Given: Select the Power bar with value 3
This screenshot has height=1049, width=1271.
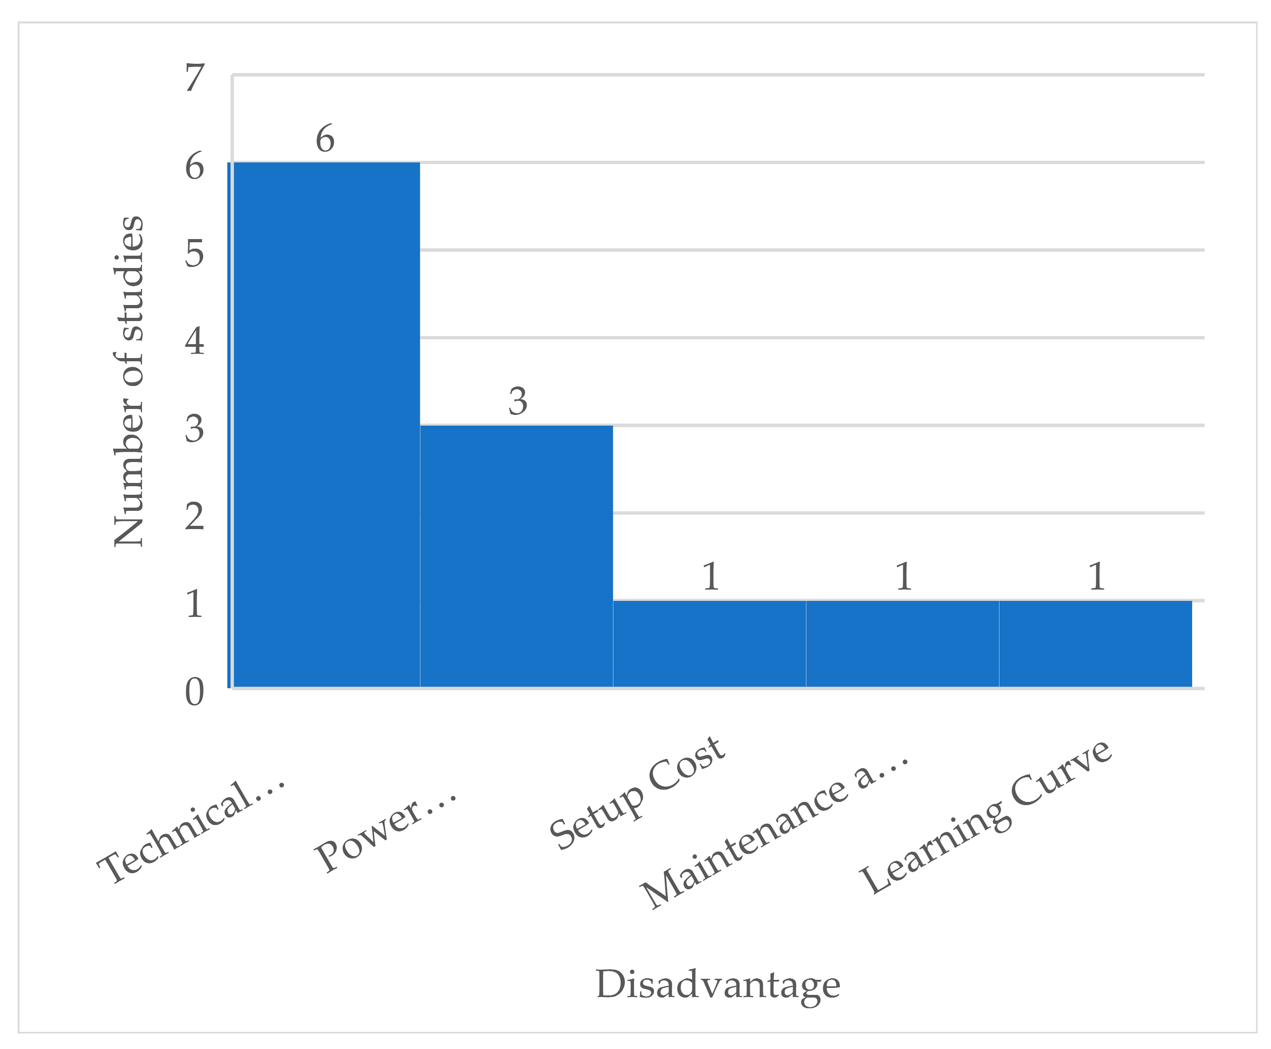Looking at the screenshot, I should tap(516, 556).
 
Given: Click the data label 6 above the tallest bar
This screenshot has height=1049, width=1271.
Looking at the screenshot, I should tap(325, 139).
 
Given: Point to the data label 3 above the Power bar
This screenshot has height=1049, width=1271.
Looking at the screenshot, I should tap(517, 401).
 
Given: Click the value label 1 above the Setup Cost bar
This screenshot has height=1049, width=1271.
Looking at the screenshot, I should tap(711, 576).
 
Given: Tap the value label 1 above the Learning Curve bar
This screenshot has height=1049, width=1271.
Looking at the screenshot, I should tap(1096, 576).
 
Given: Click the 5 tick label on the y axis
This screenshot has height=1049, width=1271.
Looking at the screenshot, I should tap(195, 253).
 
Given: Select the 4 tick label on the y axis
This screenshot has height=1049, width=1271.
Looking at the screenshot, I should tap(195, 341).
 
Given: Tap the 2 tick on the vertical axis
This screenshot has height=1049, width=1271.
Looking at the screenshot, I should tap(195, 516).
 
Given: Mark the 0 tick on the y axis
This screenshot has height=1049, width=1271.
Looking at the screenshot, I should tap(195, 692).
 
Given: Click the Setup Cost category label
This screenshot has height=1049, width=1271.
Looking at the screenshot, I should tap(637, 793).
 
